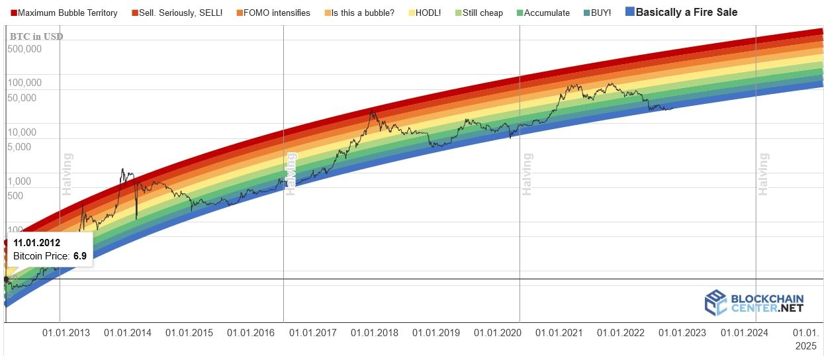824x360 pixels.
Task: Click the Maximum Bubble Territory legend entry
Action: click(x=64, y=13)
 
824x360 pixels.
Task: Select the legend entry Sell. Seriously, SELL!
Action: click(x=177, y=13)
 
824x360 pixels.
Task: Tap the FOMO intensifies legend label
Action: click(x=273, y=13)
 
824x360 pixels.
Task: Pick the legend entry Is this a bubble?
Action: click(x=359, y=13)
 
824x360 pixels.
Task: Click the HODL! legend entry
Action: click(x=424, y=13)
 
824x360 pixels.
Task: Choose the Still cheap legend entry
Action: click(x=479, y=13)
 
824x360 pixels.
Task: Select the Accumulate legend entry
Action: click(x=543, y=13)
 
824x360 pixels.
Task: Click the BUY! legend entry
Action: click(x=598, y=13)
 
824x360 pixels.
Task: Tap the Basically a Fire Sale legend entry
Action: click(x=681, y=12)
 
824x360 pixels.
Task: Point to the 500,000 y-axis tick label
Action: click(x=24, y=49)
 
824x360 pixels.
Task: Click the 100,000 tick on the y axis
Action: click(x=24, y=83)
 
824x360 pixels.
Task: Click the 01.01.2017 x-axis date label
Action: click(x=312, y=333)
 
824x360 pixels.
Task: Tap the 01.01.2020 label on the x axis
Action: click(x=497, y=333)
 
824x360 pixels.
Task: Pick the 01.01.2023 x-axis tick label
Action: click(x=682, y=333)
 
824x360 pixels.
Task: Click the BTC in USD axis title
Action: click(x=36, y=36)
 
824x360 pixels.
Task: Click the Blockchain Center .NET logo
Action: click(x=754, y=303)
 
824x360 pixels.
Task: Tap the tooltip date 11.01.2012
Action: click(x=37, y=243)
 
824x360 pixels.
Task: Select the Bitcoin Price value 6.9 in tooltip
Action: click(x=80, y=256)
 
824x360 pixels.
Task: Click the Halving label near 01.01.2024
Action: click(x=763, y=174)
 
